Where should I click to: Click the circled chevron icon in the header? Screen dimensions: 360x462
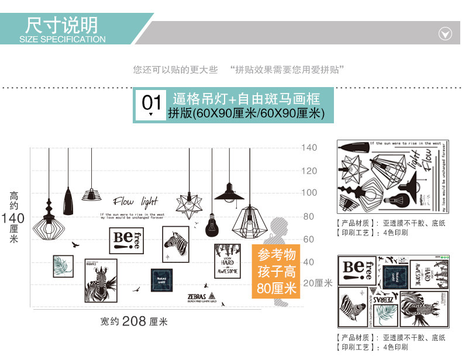click(x=445, y=33)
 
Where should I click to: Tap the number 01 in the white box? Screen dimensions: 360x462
click(x=151, y=104)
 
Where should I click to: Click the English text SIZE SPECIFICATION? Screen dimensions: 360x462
click(x=63, y=40)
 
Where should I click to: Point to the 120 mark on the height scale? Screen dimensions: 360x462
click(x=309, y=171)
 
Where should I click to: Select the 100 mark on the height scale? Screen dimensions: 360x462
click(x=309, y=193)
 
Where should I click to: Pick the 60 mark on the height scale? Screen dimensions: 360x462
click(x=309, y=240)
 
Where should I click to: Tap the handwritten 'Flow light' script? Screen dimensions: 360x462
click(x=136, y=202)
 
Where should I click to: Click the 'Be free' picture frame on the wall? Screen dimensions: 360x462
click(x=126, y=240)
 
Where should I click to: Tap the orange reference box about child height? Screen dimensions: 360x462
click(x=276, y=271)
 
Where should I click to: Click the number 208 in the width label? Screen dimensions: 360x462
click(x=134, y=321)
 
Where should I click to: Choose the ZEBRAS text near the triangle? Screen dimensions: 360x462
click(x=197, y=296)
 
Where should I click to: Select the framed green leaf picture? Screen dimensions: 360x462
click(x=63, y=266)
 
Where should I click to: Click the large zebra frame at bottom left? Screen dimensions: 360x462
click(x=101, y=281)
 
